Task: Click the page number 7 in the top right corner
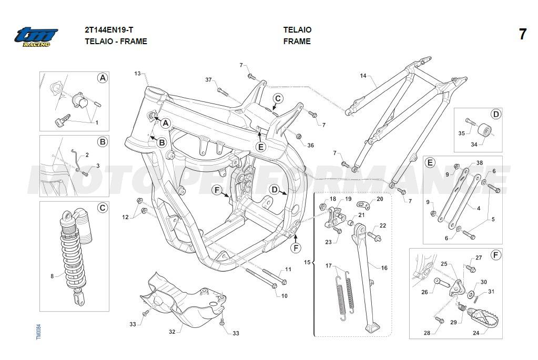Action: (x=522, y=35)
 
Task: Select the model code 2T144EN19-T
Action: (x=112, y=29)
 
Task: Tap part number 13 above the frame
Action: (x=137, y=74)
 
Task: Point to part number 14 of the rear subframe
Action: (x=363, y=76)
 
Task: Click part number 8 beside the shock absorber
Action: (x=52, y=275)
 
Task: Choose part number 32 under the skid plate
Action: (x=171, y=332)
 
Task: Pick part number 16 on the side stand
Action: (x=384, y=268)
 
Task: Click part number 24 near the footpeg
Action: (x=476, y=333)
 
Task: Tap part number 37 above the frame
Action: (x=208, y=80)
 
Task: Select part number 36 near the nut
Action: (x=310, y=145)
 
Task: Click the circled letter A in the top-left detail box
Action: (x=103, y=78)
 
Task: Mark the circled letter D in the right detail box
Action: (x=495, y=114)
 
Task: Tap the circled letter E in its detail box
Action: (x=430, y=162)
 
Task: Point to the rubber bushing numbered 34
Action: (x=484, y=130)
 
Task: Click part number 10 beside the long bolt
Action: (x=284, y=296)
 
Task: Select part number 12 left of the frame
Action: (x=125, y=217)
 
